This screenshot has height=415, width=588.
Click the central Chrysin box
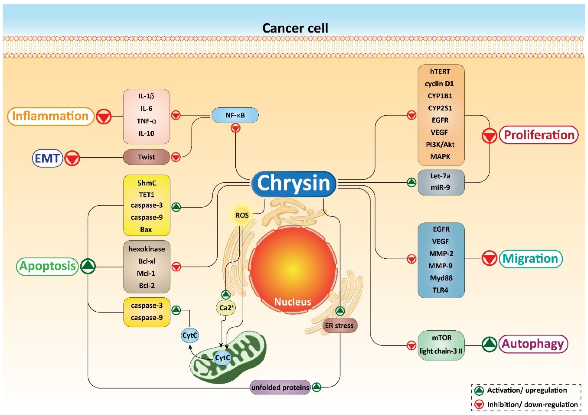click(294, 183)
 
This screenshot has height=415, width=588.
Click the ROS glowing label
click(242, 215)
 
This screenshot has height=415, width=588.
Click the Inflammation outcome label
click(51, 116)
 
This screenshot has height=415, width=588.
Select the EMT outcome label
click(47, 158)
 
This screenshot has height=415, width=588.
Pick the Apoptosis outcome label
click(47, 266)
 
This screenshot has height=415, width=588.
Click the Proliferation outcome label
click(539, 135)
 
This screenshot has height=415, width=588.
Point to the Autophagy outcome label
click(533, 344)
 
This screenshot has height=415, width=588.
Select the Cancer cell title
click(295, 28)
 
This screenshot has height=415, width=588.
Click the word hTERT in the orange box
click(440, 71)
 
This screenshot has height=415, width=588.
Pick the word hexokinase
click(147, 249)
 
